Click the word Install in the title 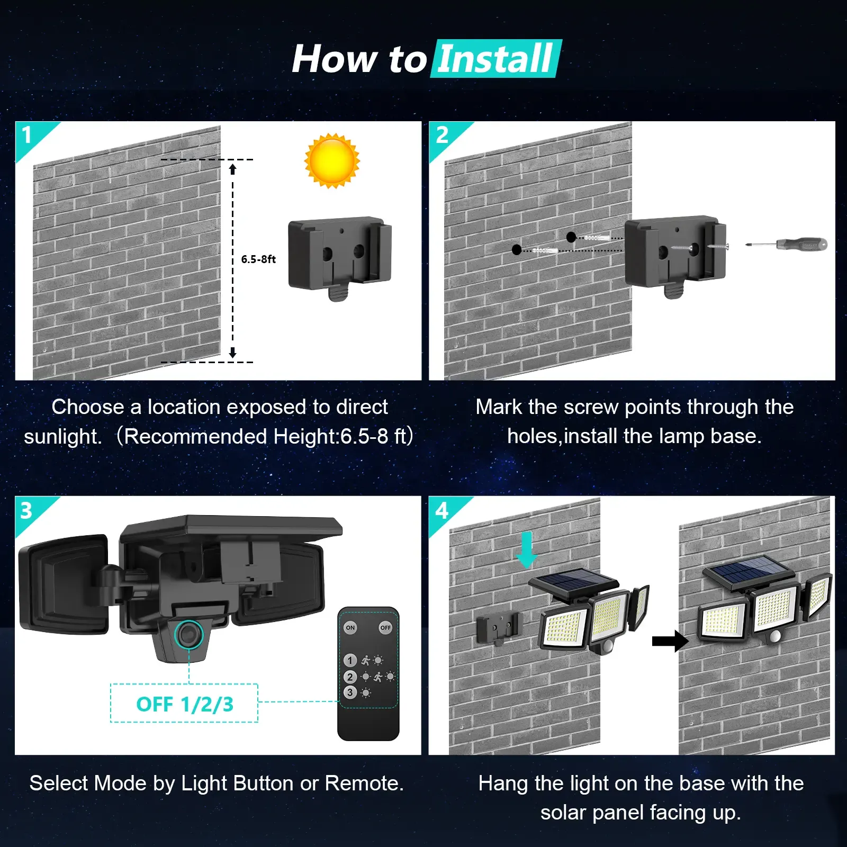(x=495, y=59)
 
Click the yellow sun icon (x=332, y=161)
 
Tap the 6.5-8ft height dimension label (x=258, y=259)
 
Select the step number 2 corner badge (x=442, y=135)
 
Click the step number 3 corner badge (x=27, y=510)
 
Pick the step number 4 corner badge (x=441, y=510)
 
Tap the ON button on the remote (x=350, y=628)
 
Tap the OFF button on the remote (x=385, y=628)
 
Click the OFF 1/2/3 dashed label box (x=184, y=704)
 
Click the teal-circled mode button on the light (x=188, y=634)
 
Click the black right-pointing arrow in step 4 (x=670, y=641)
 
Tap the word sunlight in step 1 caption (x=62, y=437)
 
